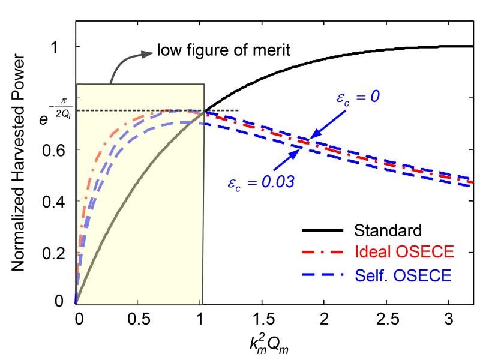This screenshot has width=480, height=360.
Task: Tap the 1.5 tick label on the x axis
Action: (262, 317)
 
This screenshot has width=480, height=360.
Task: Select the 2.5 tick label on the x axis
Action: (387, 317)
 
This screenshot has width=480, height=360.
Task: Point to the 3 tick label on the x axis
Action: (449, 317)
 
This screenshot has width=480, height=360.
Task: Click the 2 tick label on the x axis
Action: (325, 317)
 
